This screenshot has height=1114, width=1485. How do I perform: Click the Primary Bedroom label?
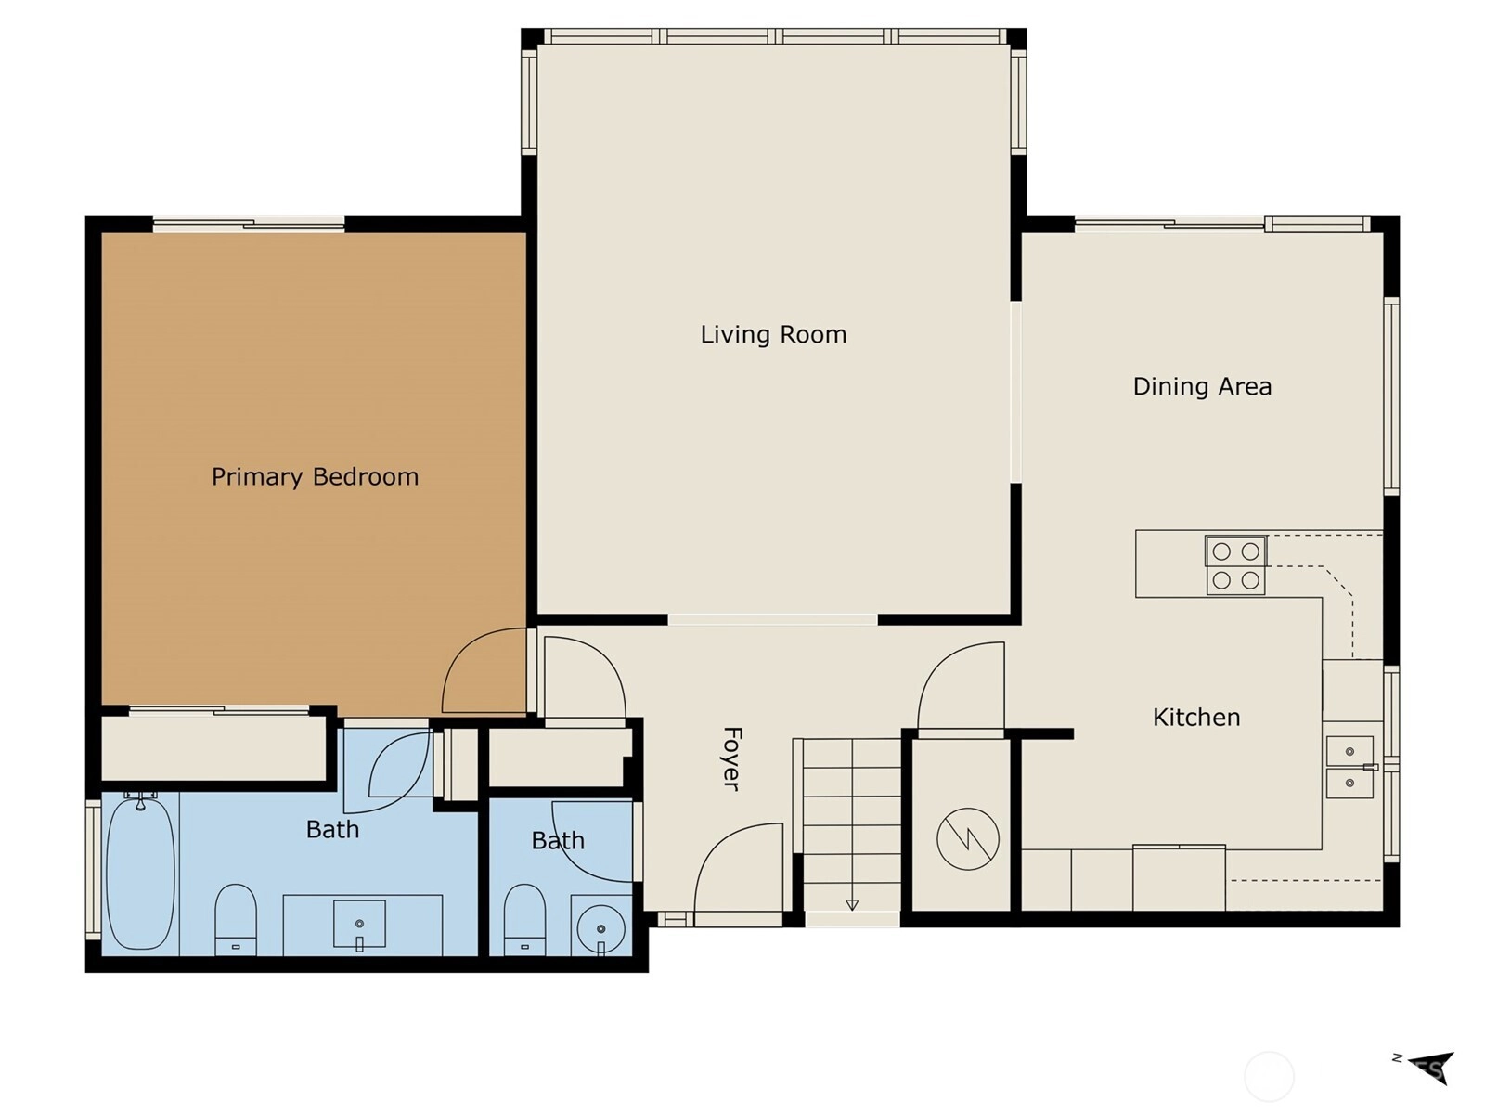tap(316, 477)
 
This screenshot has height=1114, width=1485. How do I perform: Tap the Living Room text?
tap(773, 335)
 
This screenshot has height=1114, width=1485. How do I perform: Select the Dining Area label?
tap(1202, 387)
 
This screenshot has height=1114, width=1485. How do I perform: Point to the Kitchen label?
tap(1196, 718)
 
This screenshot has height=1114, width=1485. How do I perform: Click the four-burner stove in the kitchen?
tap(1235, 565)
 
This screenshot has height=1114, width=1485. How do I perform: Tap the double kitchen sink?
tap(1349, 768)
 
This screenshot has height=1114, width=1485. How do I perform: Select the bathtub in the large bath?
tap(141, 874)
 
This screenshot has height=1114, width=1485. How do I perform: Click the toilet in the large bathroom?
tap(236, 920)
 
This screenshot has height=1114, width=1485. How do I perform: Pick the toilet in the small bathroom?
tap(525, 920)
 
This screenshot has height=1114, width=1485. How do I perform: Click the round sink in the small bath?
tap(600, 928)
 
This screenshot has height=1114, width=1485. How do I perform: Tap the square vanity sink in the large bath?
tap(359, 924)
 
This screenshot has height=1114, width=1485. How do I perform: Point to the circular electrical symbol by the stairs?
tap(967, 839)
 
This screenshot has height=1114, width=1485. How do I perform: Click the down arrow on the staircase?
tap(852, 905)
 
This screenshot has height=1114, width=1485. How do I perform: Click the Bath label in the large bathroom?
tap(332, 830)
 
